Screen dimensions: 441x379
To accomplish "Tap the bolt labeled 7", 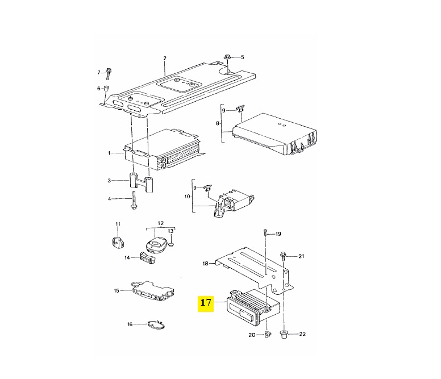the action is tap(109, 74).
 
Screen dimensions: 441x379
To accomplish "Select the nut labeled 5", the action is tap(227, 57).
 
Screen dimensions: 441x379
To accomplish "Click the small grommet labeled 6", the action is tap(106, 88).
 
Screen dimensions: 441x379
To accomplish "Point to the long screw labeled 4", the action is tap(134, 200).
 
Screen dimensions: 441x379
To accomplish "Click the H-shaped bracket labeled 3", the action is tap(140, 183).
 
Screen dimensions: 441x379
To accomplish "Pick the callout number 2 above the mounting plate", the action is tap(165, 58).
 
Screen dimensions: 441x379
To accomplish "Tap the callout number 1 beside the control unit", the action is tap(109, 153).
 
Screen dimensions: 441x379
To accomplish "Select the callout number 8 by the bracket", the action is tap(218, 123).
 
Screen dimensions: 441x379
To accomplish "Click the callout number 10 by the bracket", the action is tap(188, 196).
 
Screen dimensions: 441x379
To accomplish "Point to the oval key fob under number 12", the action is tap(157, 244).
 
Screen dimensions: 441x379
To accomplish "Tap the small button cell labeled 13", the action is tap(172, 244).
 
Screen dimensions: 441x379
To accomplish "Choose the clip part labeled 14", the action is tap(147, 258).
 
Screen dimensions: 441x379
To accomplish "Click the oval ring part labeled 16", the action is tap(157, 325).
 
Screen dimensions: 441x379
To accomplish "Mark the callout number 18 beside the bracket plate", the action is tap(205, 264).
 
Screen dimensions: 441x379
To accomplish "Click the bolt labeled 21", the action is tap(283, 257).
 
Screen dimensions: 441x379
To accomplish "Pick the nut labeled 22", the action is tap(284, 334).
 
